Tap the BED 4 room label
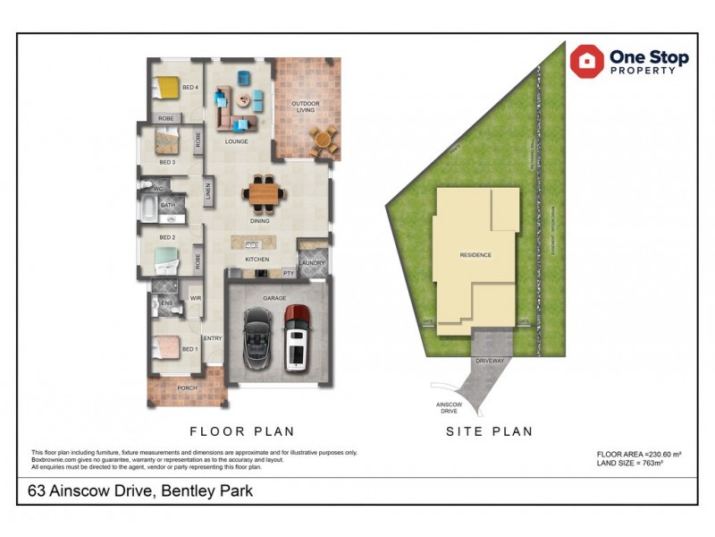pos(189,87)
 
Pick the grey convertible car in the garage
pos(256,338)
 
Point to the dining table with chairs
pos(264,190)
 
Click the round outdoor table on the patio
pos(324,139)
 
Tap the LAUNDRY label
pos(312,262)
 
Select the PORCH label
pos(187,388)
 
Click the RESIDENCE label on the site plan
pos(475,255)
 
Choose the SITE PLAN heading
pos(489,431)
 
